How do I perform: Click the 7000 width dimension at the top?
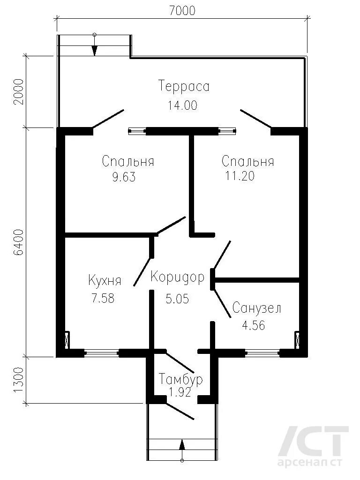point(182,10)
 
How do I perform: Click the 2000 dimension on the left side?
point(18,91)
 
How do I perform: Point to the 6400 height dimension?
point(18,242)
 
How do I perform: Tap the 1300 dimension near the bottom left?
point(18,380)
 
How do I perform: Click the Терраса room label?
point(184,87)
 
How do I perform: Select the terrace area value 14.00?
point(182,105)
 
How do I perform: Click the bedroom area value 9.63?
point(124,178)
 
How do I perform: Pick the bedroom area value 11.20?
point(240,176)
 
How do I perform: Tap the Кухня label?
point(105,281)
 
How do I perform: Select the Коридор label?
point(178,277)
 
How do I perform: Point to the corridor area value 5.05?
point(177,298)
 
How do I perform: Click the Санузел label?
point(256,308)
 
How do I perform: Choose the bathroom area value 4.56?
point(253,325)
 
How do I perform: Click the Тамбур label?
point(181,379)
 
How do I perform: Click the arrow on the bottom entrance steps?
point(182,445)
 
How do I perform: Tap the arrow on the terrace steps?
point(95,47)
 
